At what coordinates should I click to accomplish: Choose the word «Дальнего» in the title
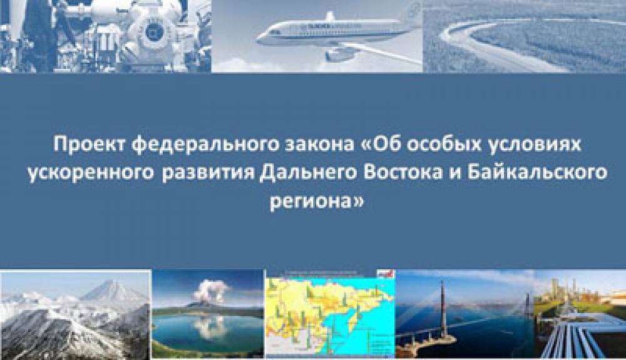click(307, 173)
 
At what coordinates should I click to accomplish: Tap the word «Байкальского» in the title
click(537, 173)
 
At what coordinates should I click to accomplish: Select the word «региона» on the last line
click(310, 202)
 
